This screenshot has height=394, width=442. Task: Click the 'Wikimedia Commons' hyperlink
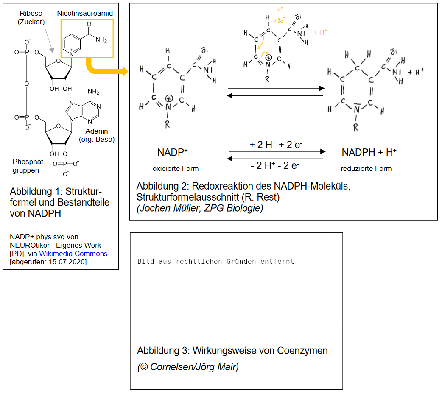pos(73,254)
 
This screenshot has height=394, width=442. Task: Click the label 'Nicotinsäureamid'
pos(85,14)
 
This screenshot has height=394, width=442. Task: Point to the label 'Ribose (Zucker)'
pos(31,18)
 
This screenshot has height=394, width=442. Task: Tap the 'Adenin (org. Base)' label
pos(97,135)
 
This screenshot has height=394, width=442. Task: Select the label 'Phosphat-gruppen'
pos(26,166)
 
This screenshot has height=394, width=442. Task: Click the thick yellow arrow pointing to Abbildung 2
pos(106,69)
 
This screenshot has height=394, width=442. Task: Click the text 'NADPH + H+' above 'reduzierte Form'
pos(369,152)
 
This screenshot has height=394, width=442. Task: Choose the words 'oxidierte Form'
pos(176,168)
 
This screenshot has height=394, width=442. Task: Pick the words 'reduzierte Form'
pos(366,168)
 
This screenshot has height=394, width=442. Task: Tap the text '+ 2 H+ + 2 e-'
pos(276,145)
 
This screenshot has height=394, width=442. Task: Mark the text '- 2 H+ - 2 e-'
pos(275,165)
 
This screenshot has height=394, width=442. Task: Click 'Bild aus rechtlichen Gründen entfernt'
pos(215,261)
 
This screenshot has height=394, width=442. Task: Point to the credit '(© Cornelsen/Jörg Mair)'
pos(188,367)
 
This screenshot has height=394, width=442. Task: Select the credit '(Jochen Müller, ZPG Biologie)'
pos(200,209)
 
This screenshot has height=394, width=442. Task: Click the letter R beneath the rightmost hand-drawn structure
pos(355,127)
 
